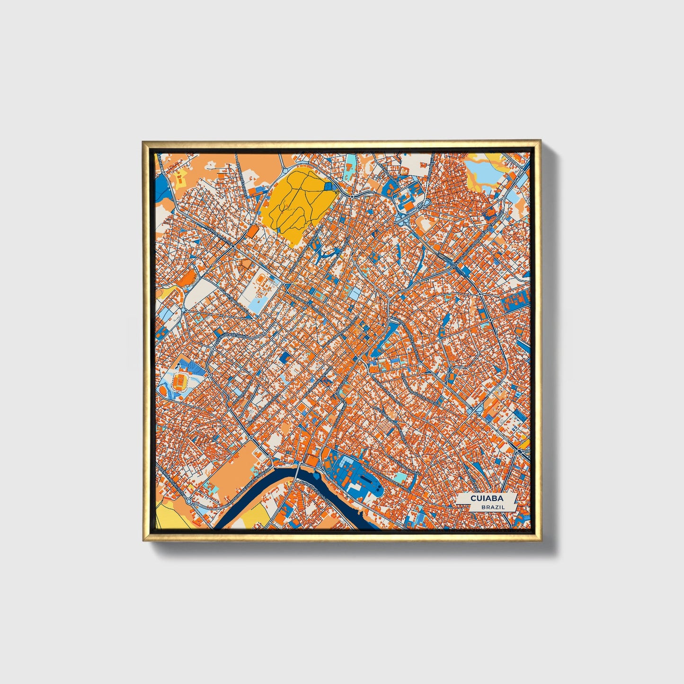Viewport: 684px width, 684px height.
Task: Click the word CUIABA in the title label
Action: [486, 498]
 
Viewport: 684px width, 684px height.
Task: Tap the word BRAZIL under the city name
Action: [492, 507]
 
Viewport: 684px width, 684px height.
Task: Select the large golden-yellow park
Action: [296, 204]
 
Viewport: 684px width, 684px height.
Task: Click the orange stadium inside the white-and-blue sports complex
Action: [180, 380]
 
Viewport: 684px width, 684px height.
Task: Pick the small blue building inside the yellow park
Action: [329, 187]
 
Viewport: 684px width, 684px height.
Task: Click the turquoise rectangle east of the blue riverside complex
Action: [401, 477]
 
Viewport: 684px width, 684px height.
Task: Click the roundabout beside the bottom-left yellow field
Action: [188, 501]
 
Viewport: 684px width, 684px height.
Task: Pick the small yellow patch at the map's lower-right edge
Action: [524, 444]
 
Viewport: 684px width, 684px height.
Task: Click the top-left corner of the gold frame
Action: [143, 141]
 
